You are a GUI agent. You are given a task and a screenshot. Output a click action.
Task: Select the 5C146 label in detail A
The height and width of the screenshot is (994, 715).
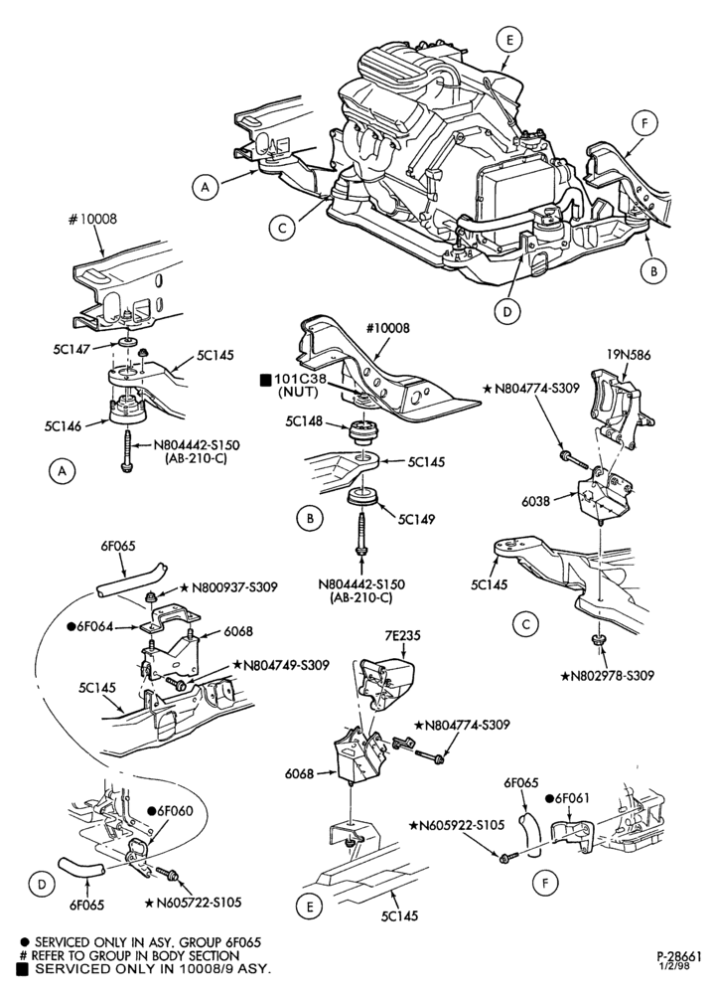pos(63,426)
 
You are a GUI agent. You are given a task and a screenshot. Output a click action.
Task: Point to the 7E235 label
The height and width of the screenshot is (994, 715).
pos(401,636)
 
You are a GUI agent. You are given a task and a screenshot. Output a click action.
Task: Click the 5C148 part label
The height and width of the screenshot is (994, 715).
pos(304,420)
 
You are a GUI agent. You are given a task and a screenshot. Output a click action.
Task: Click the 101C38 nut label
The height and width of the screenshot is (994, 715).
pos(300,380)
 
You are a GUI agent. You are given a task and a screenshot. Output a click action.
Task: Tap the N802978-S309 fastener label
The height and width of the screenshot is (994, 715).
pos(607,676)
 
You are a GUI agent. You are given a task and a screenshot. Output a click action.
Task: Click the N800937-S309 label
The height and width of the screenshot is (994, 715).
pos(229,587)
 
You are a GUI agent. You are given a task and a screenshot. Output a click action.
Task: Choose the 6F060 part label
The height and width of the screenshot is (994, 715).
pos(171,811)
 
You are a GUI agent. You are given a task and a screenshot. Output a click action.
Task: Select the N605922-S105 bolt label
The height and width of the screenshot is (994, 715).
pos(457,825)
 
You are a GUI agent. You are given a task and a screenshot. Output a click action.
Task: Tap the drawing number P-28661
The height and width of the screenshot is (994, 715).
pos(678,954)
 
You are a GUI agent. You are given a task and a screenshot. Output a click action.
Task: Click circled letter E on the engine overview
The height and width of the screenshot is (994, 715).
pos(509,40)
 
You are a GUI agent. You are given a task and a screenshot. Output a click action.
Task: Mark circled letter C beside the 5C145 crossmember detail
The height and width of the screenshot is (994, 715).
pos(525,625)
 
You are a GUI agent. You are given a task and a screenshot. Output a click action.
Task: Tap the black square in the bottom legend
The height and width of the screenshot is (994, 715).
pos(23,968)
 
